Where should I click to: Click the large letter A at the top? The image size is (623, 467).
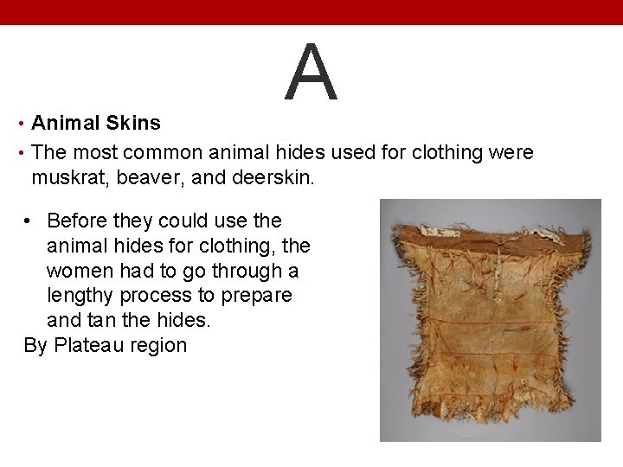[311, 73]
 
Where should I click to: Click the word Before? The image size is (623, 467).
[79, 221]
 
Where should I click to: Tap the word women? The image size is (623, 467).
[80, 271]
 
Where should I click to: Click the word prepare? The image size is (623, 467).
[258, 296]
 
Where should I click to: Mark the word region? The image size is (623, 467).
[160, 345]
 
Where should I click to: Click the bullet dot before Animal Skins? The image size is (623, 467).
[20, 124]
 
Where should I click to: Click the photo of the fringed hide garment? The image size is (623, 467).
[490, 320]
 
